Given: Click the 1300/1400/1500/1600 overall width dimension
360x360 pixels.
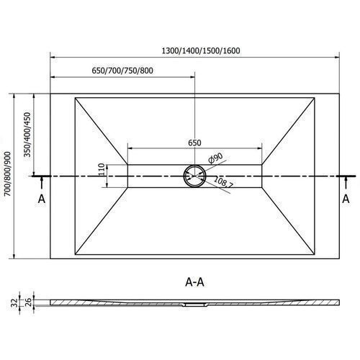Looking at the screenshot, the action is pos(201,50).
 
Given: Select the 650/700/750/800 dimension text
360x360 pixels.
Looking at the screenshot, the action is pos(122,71).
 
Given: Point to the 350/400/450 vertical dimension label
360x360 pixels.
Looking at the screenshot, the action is pos(27,135).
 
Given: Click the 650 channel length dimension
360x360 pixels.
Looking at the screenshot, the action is pos(194,143).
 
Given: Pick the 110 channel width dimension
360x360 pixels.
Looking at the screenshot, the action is pos(102,169).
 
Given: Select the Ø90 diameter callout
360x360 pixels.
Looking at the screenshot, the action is pos(215,158).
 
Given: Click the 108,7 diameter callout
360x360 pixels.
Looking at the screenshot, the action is pos(223,182).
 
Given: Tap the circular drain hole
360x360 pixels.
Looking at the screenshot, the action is pos(194,176).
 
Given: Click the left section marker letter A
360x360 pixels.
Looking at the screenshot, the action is pos(42,199).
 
